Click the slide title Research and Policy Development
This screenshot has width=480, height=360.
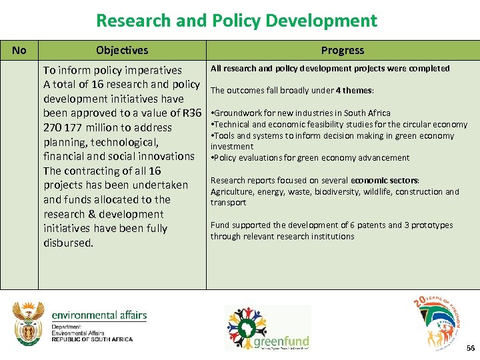(x=237, y=21)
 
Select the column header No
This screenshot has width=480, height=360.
(x=19, y=50)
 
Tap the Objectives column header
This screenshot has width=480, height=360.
(x=122, y=50)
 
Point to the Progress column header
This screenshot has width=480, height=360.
(x=343, y=50)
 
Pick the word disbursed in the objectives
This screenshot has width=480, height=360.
(x=68, y=243)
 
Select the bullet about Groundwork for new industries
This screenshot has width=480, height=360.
(x=301, y=113)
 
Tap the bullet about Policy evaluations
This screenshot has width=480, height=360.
(x=311, y=158)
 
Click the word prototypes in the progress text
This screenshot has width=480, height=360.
(x=433, y=225)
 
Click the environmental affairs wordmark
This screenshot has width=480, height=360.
(x=99, y=315)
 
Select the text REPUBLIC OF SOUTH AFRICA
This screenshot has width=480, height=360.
(x=92, y=339)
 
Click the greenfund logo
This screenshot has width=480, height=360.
(x=267, y=327)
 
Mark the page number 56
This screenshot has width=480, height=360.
(x=471, y=349)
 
